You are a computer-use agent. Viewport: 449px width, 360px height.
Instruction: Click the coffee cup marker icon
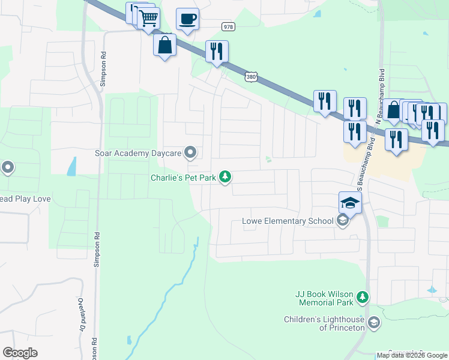coord(187,20)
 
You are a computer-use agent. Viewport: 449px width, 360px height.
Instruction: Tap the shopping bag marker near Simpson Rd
coord(164,45)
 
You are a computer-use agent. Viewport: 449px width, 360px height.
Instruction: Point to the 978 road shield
coord(228,27)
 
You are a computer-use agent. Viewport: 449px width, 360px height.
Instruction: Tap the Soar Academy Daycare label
coord(138,153)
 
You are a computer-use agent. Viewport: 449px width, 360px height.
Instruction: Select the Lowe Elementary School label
coord(288,221)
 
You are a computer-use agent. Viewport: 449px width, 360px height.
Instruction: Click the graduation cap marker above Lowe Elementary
coord(350,203)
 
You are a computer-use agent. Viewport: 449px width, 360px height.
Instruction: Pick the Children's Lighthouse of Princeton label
coord(325,323)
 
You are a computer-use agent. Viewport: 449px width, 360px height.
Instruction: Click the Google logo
coord(20,353)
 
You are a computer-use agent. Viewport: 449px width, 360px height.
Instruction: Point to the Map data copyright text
coord(412,355)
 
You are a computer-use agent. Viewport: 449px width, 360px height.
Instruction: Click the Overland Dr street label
coord(80,314)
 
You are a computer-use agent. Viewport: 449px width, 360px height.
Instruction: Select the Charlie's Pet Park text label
coord(182,178)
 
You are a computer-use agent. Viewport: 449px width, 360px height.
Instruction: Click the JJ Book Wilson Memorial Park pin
coord(362,297)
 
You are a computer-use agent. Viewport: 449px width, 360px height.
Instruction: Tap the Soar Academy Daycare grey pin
coord(191,152)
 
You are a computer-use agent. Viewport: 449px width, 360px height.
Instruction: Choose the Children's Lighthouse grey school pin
coord(374,323)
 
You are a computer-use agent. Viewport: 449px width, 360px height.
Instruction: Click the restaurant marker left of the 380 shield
coord(217,52)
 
